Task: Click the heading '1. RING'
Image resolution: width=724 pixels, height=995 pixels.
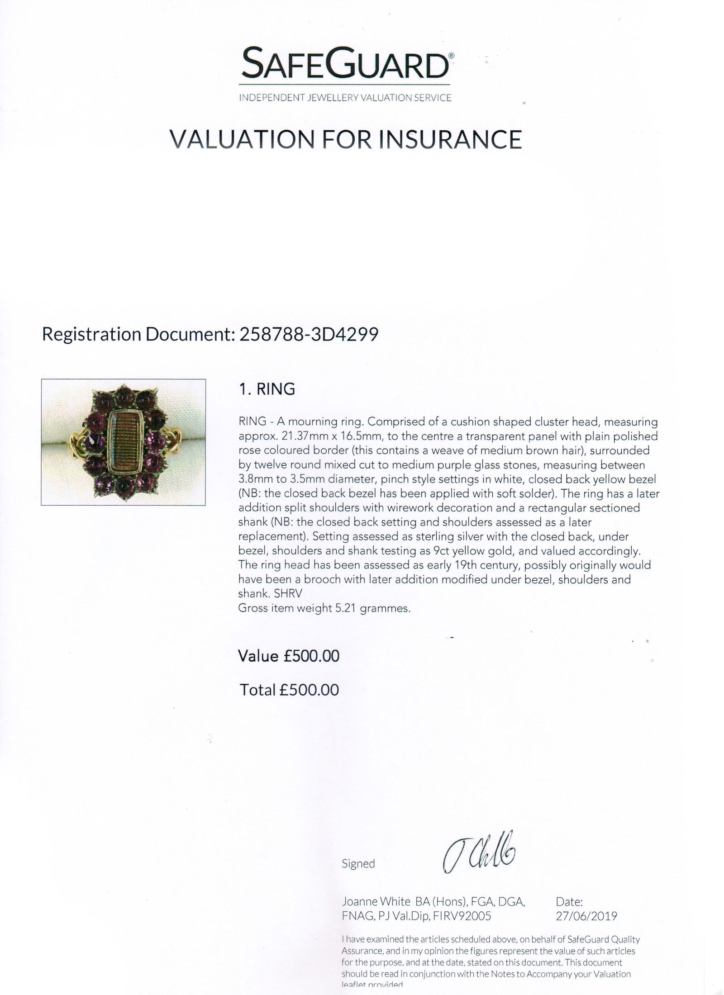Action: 267,389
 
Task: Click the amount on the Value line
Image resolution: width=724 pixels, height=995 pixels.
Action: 311,656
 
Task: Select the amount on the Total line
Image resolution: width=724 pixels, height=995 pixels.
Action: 309,690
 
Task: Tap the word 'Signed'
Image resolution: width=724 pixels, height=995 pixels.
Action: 358,864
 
